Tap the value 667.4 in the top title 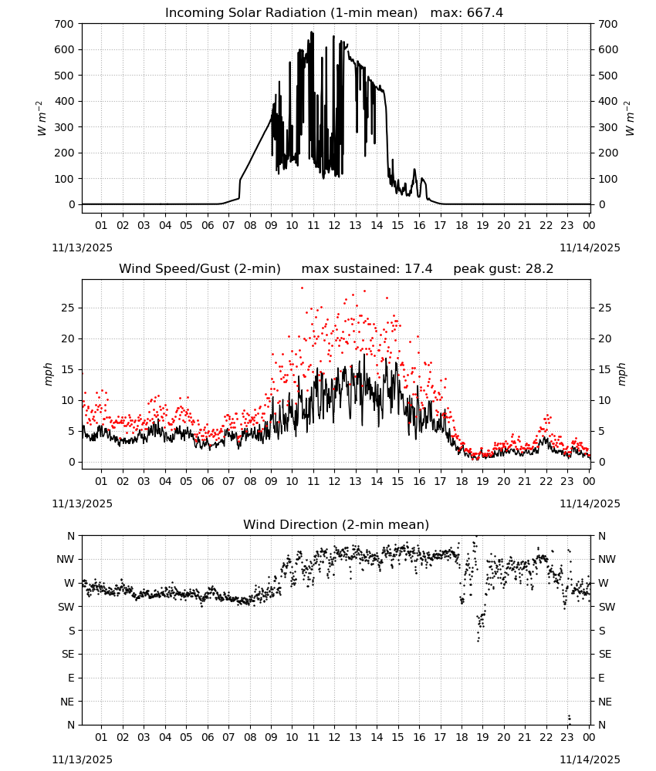485,13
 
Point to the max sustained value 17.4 418,269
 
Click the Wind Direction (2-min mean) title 336,524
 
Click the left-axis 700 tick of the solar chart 65,24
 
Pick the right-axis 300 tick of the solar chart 608,127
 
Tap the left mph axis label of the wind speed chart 48,374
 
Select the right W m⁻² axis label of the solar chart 630,118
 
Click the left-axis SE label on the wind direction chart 68,654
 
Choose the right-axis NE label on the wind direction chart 605,702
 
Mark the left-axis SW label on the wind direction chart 66,607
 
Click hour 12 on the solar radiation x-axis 334,226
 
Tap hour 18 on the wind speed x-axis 462,481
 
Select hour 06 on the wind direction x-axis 208,737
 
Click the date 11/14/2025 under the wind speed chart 590,503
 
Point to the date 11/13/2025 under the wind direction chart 82,759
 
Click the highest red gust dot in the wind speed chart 303,288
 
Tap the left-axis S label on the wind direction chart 72,631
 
